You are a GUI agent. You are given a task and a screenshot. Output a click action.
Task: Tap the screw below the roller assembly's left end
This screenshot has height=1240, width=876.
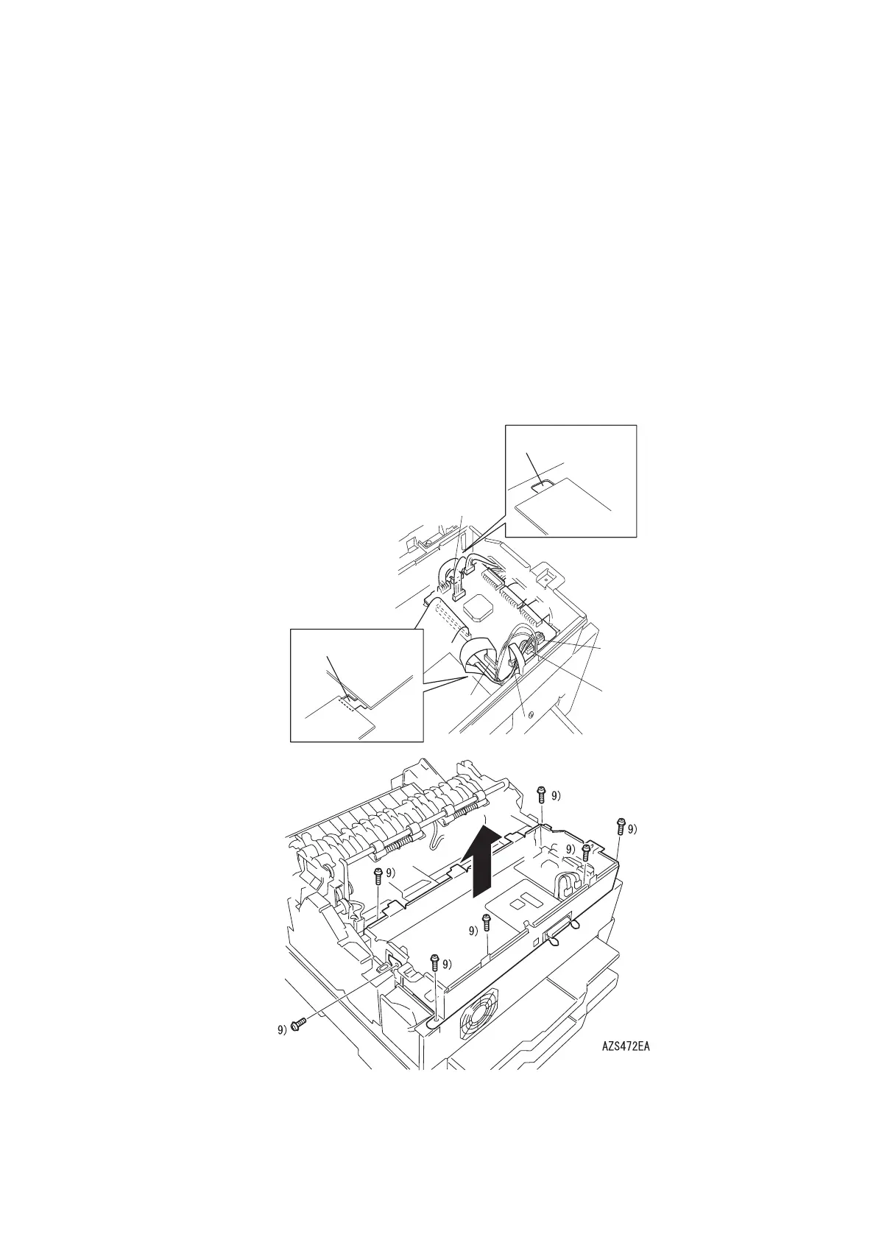[x=378, y=892]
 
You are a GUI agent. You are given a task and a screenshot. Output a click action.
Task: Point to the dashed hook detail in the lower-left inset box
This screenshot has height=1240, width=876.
[x=347, y=704]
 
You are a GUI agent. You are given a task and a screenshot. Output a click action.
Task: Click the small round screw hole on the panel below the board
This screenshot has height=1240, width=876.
[x=530, y=715]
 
